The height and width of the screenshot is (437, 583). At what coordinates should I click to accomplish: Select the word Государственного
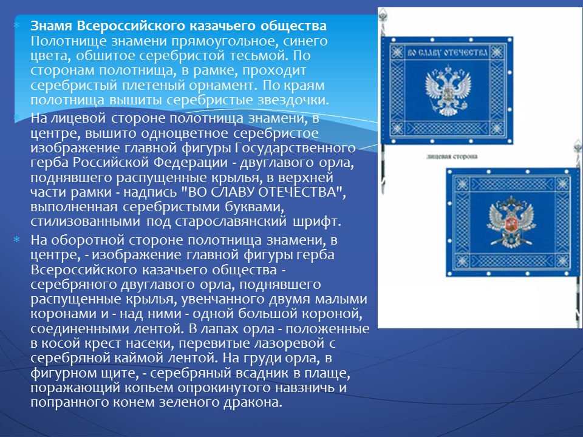click(295, 148)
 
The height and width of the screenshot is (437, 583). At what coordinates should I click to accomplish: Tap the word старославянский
click(231, 222)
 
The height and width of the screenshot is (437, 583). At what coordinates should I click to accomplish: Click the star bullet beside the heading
click(16, 25)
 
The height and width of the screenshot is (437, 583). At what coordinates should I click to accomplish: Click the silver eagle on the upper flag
click(448, 90)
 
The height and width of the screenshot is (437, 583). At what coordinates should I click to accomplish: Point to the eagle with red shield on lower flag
click(511, 222)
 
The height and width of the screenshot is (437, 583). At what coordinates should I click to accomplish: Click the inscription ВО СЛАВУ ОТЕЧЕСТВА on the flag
click(448, 52)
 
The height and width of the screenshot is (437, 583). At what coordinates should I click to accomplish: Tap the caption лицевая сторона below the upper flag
click(452, 157)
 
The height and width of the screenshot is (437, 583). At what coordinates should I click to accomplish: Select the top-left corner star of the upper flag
click(397, 52)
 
